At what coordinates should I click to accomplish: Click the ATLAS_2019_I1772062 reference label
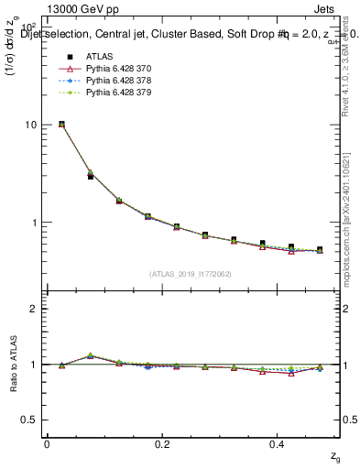coord(191,274)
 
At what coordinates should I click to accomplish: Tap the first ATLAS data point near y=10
coord(61,124)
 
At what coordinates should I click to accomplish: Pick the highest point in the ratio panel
coord(90,355)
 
